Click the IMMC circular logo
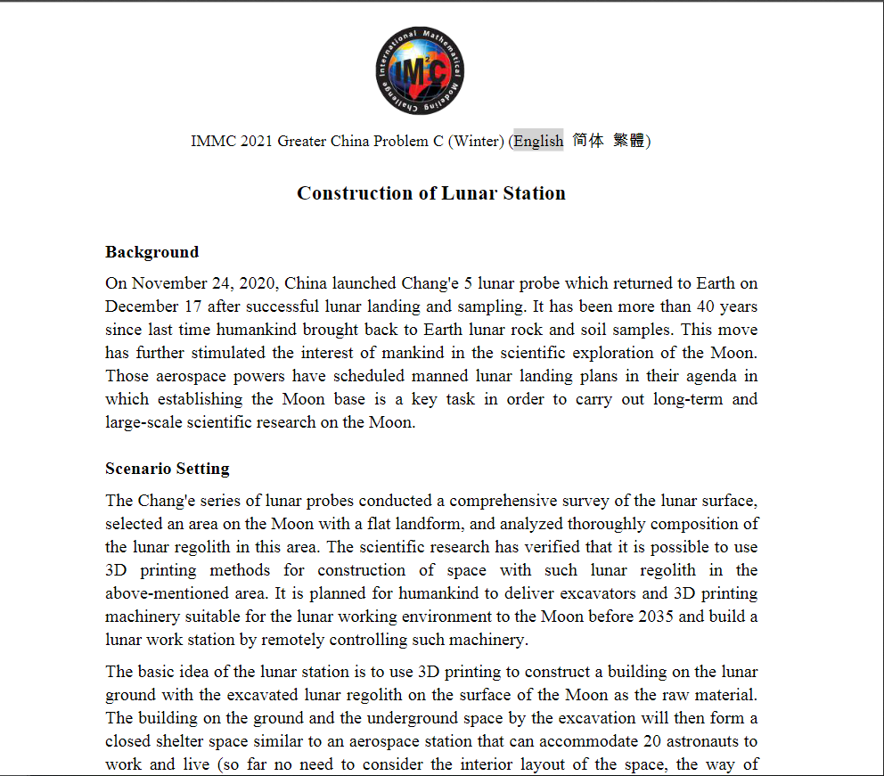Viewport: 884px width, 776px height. [420, 71]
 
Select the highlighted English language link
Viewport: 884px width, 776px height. [538, 141]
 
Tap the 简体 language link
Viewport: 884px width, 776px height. [587, 141]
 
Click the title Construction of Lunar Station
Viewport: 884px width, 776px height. [431, 193]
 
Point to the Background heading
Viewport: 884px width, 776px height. [151, 252]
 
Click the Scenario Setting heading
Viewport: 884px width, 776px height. [167, 469]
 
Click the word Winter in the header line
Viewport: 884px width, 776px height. [479, 141]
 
